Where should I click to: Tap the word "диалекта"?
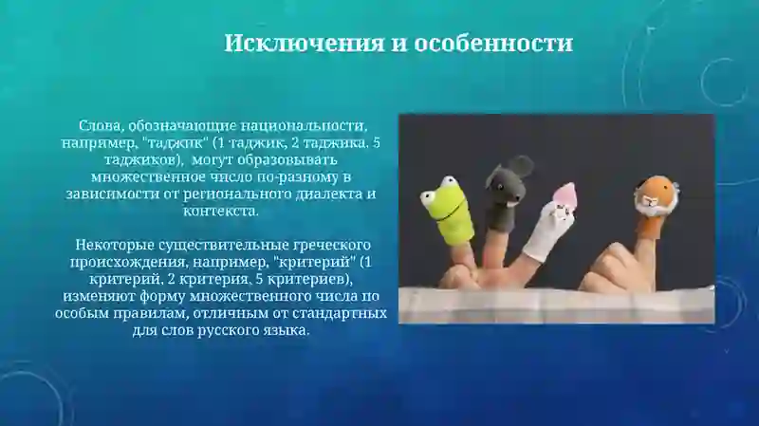pyautogui.click(x=319, y=194)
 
